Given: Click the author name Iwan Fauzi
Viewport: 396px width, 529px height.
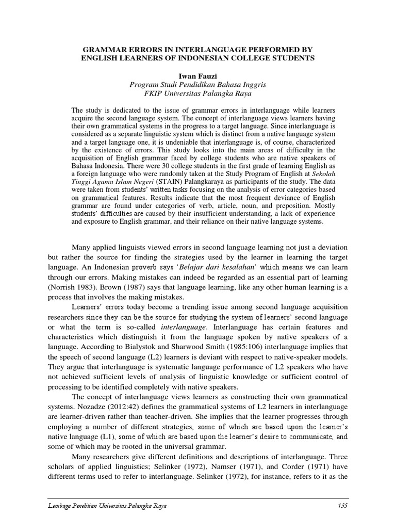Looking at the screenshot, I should coord(197,75).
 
